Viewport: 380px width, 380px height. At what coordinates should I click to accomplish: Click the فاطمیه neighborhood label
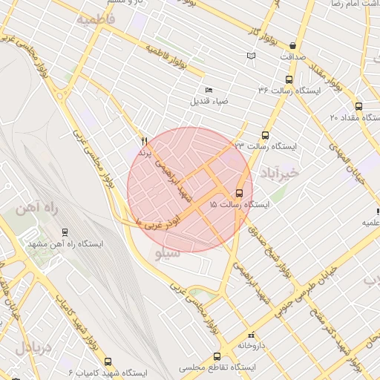coord(96,19)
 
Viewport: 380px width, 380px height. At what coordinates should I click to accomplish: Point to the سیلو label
coord(169,254)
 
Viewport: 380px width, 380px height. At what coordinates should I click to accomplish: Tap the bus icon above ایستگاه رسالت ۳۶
coord(289,79)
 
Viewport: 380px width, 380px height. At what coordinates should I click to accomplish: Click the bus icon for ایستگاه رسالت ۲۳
coord(265,135)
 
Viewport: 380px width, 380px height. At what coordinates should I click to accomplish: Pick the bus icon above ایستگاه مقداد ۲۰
coord(359,106)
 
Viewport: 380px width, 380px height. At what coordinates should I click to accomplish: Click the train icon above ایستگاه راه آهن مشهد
coord(65,232)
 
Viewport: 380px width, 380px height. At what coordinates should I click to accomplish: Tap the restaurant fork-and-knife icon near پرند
coord(144,140)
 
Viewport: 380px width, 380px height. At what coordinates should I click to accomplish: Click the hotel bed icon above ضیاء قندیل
coord(208,90)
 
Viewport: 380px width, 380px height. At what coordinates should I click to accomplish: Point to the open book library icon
coord(251,56)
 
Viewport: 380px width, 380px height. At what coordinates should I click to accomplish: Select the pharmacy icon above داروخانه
coord(251,335)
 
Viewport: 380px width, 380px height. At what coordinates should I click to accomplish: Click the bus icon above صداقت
coord(293,45)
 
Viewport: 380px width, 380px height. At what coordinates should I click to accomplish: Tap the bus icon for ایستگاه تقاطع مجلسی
coord(217,356)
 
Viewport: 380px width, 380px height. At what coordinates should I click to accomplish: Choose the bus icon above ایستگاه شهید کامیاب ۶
coord(108,361)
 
